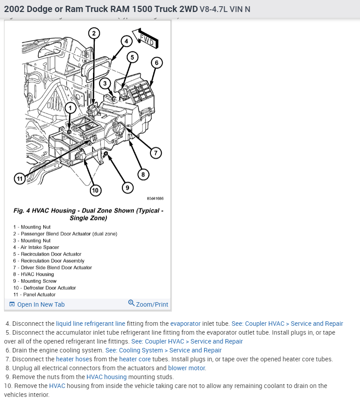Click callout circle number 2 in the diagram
click(x=94, y=33)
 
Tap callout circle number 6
click(x=156, y=63)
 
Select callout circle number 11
click(x=19, y=179)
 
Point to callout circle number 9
click(x=127, y=188)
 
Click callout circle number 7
click(x=155, y=153)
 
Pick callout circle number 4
click(x=126, y=41)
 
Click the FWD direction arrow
click(x=147, y=40)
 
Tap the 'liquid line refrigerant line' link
click(x=90, y=324)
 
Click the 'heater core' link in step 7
click(x=135, y=359)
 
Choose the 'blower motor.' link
click(x=187, y=368)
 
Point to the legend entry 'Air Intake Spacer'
click(x=40, y=247)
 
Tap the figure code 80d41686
click(x=155, y=198)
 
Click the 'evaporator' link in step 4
click(x=185, y=324)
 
